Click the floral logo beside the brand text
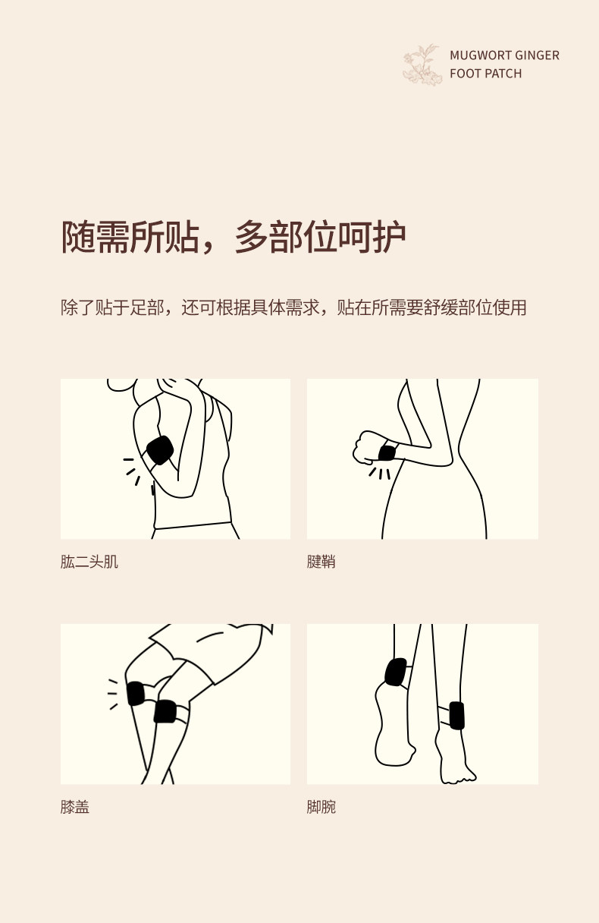tap(422, 65)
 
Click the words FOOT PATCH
tap(485, 74)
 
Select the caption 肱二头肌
tap(89, 562)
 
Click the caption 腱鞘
tap(321, 562)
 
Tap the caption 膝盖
tap(74, 807)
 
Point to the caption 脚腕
tap(321, 807)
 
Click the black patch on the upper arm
tap(159, 450)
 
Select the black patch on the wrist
tap(387, 453)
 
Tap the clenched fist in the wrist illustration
tap(367, 448)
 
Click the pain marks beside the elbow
tap(132, 471)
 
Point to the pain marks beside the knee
tap(113, 695)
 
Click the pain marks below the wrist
tap(380, 474)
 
